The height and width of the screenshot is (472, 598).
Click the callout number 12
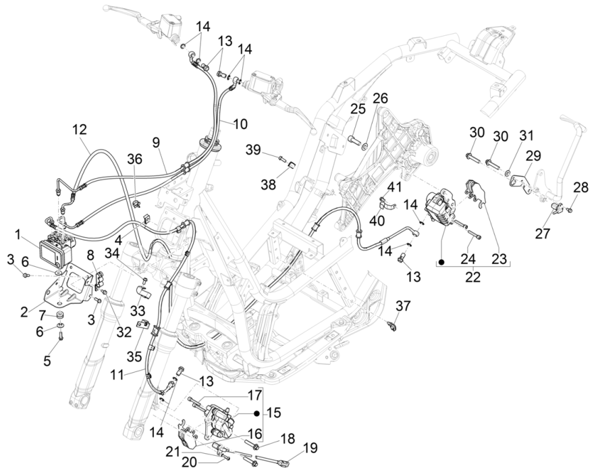click(x=80, y=128)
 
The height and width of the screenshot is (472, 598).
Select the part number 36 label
click(x=135, y=159)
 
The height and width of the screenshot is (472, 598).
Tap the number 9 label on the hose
click(x=155, y=142)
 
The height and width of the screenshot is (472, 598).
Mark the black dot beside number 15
click(x=257, y=413)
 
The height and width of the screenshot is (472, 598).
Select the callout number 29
click(x=534, y=155)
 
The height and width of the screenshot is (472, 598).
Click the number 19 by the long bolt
click(x=310, y=447)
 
